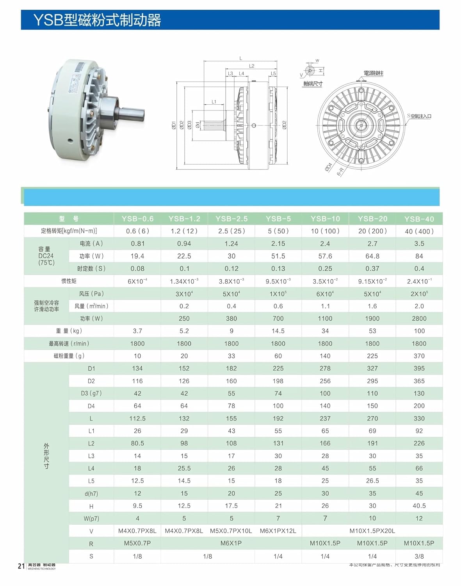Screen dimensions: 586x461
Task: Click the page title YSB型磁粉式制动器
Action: coord(97,20)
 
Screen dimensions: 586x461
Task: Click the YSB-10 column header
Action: coord(325,219)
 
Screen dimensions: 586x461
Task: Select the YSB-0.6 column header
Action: coord(137,219)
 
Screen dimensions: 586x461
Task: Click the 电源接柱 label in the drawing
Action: coord(373,73)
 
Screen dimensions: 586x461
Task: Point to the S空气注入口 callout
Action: coord(419,116)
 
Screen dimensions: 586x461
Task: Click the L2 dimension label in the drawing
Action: coord(252,66)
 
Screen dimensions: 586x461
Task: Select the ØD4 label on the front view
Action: coord(328,167)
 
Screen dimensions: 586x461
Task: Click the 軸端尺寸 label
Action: coord(313,84)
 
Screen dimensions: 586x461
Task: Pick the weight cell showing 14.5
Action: coord(278,331)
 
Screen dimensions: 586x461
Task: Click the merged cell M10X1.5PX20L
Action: coord(372,531)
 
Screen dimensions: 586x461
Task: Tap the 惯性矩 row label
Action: coord(69,281)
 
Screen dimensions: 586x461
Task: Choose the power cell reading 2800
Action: coord(419,318)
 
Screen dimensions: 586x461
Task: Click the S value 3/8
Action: coord(419,556)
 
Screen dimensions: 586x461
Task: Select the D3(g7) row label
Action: coord(91,393)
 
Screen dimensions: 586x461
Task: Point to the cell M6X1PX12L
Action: coord(278,531)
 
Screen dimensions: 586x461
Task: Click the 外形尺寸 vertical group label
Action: coord(46,456)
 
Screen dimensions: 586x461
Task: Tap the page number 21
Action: coord(21,566)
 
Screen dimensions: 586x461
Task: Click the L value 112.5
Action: coord(137,418)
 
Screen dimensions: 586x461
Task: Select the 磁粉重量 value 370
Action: coord(419,356)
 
